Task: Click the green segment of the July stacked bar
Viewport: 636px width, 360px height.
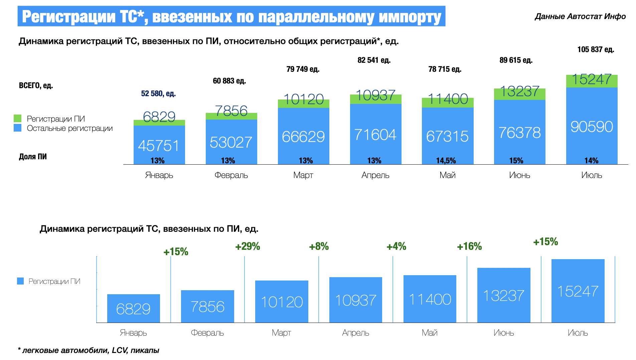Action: (592, 81)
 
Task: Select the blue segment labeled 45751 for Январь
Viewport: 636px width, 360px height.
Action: (159, 145)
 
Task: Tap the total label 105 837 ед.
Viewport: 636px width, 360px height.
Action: (596, 49)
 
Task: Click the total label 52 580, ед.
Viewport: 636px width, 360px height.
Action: (158, 94)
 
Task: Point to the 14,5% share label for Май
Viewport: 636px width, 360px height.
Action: (446, 161)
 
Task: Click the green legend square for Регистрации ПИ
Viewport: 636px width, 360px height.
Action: (18, 119)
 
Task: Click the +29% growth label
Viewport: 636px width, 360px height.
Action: (248, 246)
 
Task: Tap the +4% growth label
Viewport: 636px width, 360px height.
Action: (396, 246)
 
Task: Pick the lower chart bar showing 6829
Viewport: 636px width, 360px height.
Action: (133, 308)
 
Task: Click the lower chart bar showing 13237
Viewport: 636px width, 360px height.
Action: (503, 295)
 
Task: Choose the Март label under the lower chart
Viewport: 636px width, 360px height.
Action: (281, 333)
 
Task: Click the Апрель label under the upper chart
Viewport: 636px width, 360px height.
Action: (375, 175)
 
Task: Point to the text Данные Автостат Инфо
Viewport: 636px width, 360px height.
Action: (580, 16)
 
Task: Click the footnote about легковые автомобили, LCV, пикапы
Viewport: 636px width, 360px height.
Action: (89, 350)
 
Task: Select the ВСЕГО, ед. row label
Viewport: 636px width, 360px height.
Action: (36, 85)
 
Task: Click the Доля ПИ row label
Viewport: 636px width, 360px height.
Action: (33, 157)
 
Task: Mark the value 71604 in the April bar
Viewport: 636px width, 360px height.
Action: (375, 135)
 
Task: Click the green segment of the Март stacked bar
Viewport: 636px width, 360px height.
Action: (303, 104)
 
